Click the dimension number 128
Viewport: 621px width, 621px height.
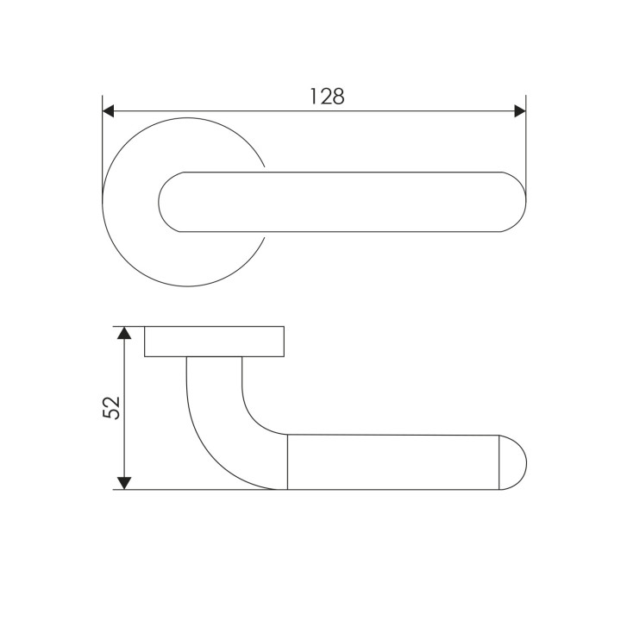327,97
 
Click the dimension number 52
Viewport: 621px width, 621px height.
111,407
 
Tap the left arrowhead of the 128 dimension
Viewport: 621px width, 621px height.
108,111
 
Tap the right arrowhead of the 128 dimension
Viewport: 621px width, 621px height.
520,111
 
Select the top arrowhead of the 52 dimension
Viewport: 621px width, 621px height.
124,333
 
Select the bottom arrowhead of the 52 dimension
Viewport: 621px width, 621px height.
124,483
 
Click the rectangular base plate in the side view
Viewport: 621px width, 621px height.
214,342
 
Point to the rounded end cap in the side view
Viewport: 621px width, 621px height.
512,462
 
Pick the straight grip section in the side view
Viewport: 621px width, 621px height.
393,462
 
